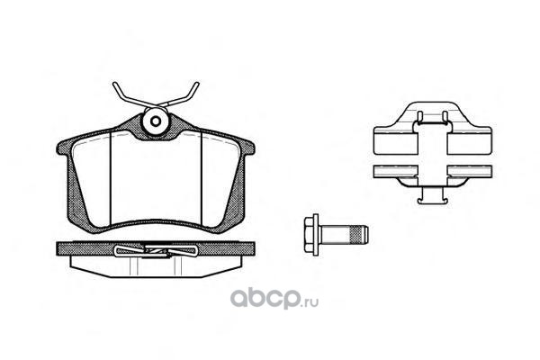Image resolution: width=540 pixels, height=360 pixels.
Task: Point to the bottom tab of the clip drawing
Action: [430, 193]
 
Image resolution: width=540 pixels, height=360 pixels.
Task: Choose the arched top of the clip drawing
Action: [430, 112]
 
